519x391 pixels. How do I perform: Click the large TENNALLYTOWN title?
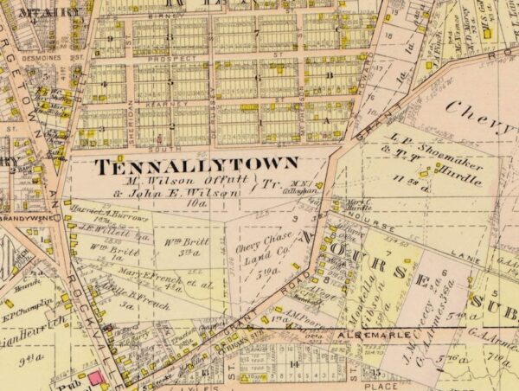click(x=196, y=164)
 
